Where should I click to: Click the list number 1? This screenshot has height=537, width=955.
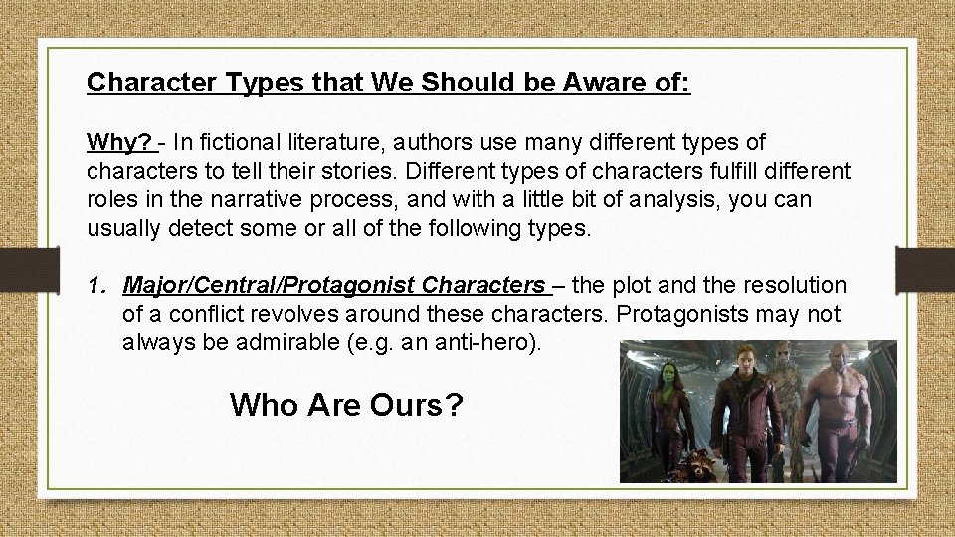[x=95, y=286]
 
